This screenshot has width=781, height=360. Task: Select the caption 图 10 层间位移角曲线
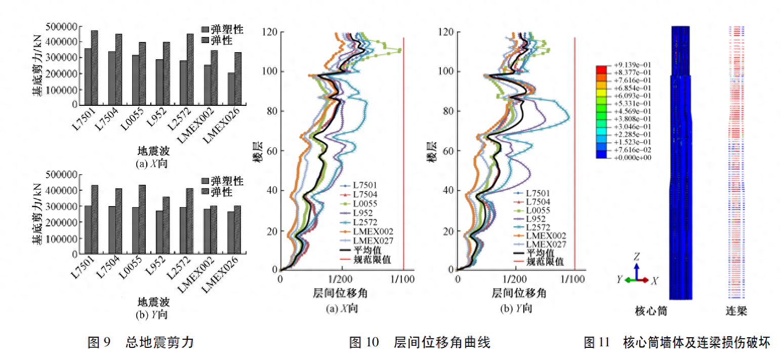[x=420, y=343]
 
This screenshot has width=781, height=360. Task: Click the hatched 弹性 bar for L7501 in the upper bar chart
[x=94, y=68]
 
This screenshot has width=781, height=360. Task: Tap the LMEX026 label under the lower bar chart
[x=222, y=277]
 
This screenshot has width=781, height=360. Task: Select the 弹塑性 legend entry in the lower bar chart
[x=221, y=181]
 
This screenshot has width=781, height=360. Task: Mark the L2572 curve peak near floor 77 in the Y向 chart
[x=569, y=118]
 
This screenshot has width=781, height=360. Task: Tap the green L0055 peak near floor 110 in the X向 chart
[x=399, y=50]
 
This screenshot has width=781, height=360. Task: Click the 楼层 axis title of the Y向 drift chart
[x=431, y=152]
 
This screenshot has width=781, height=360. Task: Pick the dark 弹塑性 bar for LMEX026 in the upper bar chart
[x=231, y=89]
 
